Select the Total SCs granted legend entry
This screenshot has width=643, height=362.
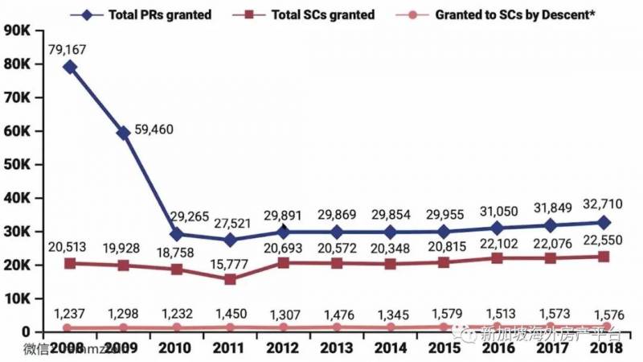coord(317,14)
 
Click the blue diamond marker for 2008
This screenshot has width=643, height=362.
coord(70,67)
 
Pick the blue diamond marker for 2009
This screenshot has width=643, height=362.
coord(124,133)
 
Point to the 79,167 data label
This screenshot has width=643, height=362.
coord(68,49)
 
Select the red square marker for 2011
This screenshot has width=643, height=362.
coord(231,279)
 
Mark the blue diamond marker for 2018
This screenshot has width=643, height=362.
coord(604,222)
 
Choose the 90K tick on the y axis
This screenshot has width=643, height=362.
coord(19,31)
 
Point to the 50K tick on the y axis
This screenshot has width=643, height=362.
coord(19,164)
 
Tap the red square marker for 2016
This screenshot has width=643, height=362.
coord(497,258)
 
